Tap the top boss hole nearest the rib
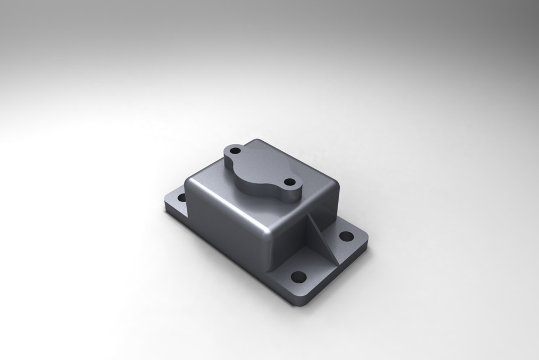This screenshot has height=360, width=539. (289, 182)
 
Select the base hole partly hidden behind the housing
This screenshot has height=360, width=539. (182, 197)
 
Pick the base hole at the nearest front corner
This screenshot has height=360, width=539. (299, 277)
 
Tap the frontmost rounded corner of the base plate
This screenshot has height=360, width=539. (300, 304)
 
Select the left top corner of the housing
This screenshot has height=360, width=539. (191, 181)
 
